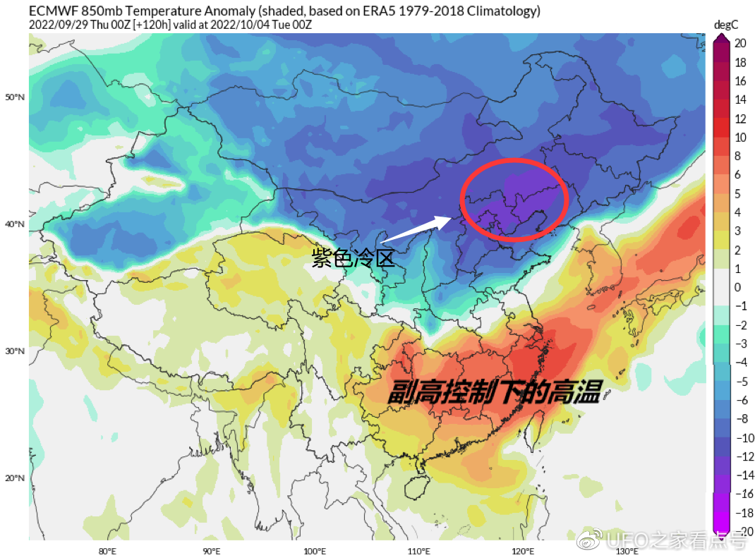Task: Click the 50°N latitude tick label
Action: click(x=15, y=97)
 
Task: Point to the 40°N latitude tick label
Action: click(x=15, y=224)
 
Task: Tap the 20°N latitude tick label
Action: click(x=15, y=478)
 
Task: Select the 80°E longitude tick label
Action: click(x=108, y=551)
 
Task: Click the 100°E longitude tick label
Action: click(x=314, y=551)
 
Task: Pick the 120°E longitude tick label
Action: click(x=522, y=551)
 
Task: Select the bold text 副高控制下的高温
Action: click(x=493, y=392)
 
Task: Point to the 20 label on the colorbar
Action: click(x=739, y=43)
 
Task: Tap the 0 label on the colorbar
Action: click(x=737, y=287)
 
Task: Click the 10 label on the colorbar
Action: click(x=739, y=138)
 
